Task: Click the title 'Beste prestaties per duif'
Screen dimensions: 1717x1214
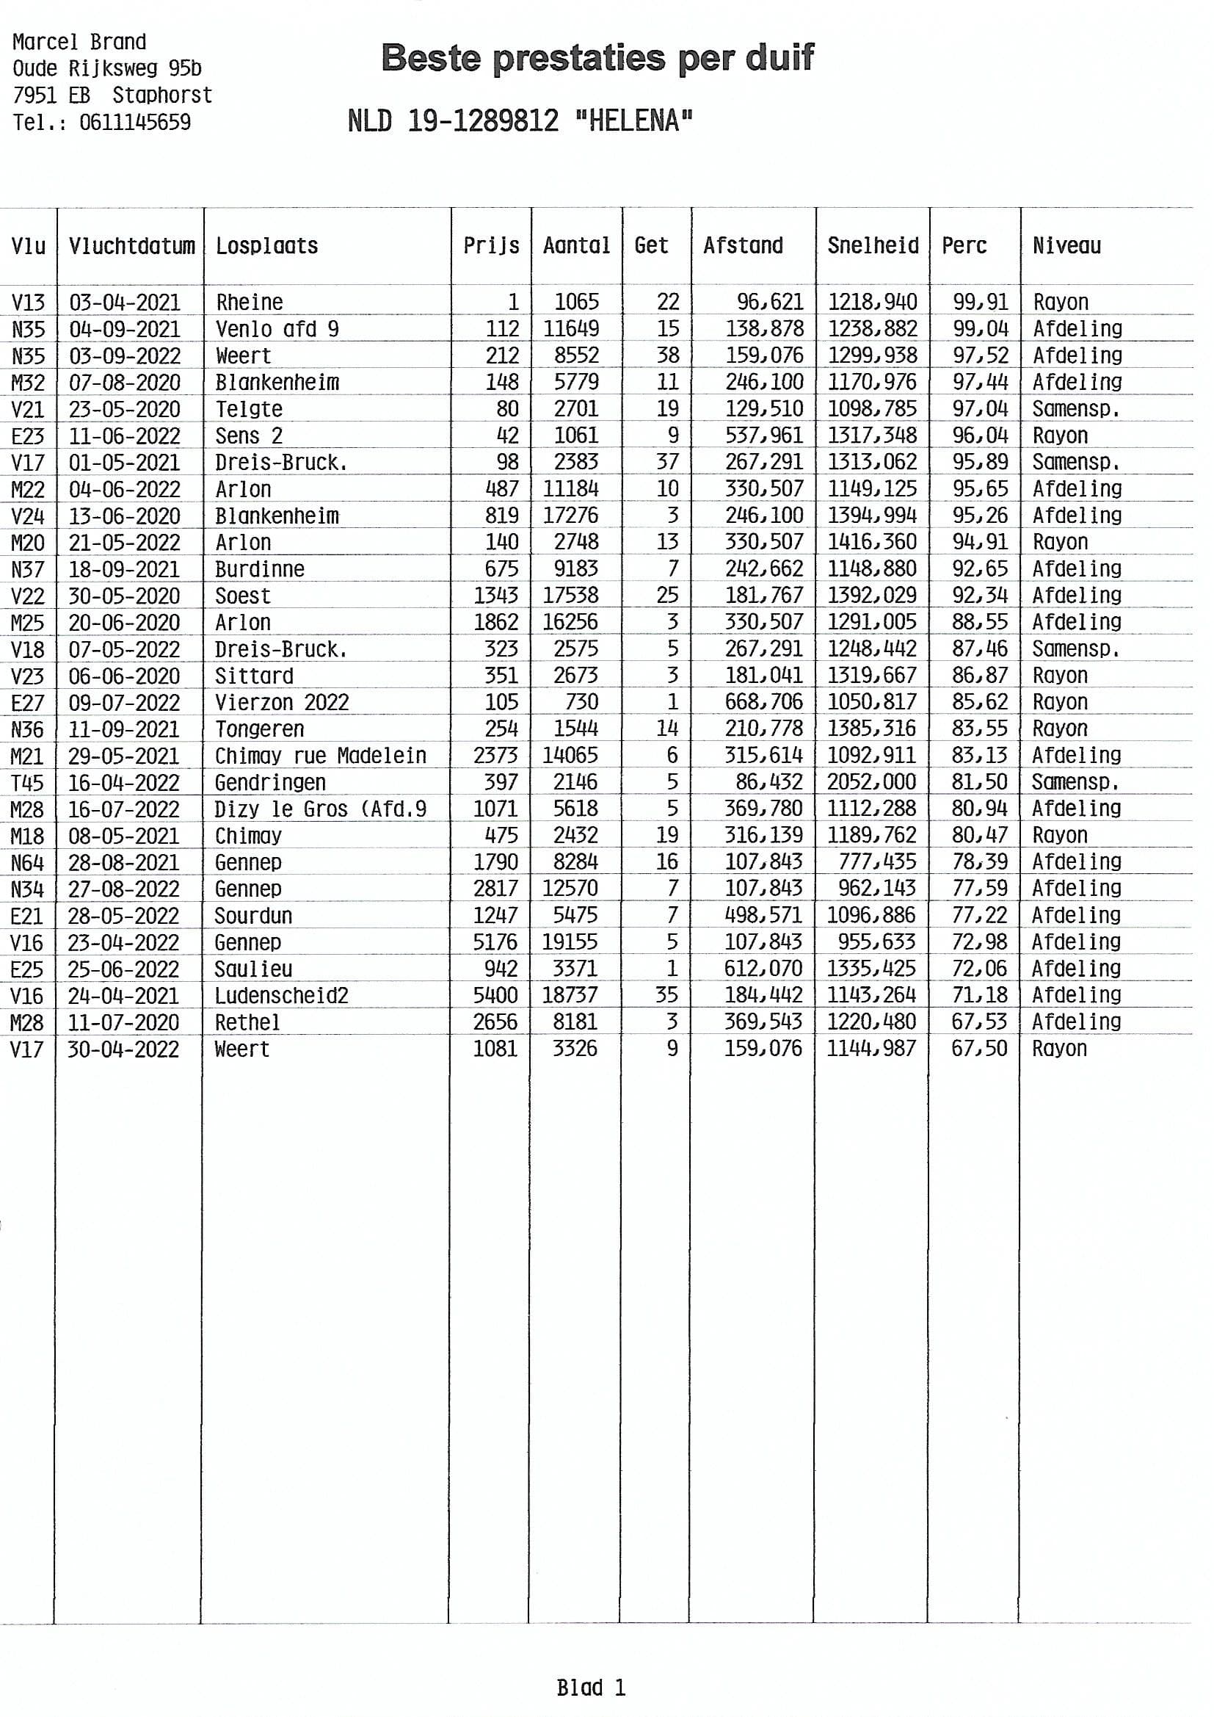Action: tap(597, 58)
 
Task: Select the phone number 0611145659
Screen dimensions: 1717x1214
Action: tap(134, 122)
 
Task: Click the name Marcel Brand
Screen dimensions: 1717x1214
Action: tap(79, 42)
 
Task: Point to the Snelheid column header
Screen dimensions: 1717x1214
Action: tap(873, 245)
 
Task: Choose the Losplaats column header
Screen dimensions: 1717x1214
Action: tap(267, 245)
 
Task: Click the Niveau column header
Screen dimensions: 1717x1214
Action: tap(1066, 245)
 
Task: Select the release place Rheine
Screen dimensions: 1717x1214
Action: tap(250, 302)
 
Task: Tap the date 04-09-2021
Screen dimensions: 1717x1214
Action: tap(125, 329)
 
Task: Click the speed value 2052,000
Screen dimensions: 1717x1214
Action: tap(871, 782)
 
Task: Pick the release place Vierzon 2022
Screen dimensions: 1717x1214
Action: tap(282, 702)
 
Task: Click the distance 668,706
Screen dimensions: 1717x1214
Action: tap(763, 702)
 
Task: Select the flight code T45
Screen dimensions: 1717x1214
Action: tap(28, 783)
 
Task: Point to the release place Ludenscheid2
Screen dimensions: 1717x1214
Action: tap(281, 995)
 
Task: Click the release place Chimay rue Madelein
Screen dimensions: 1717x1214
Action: tap(320, 755)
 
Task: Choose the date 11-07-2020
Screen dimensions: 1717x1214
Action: tap(123, 1022)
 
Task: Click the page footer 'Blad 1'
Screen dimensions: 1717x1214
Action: tap(591, 1687)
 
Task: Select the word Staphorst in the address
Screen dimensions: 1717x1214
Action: tap(162, 95)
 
